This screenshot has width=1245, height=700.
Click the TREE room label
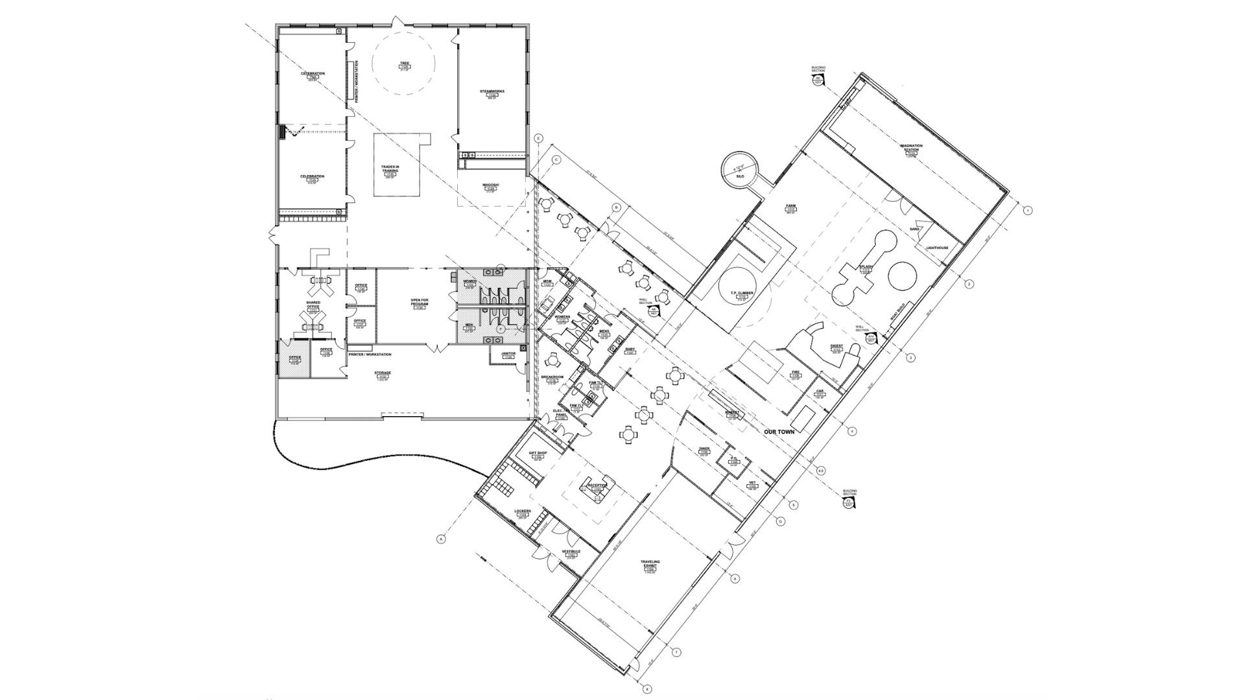click(x=405, y=64)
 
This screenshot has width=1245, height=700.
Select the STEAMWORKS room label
click(x=492, y=91)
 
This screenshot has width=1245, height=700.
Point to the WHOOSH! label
click(x=490, y=185)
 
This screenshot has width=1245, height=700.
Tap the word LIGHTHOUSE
click(x=938, y=248)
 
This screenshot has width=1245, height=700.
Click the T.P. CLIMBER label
click(x=742, y=293)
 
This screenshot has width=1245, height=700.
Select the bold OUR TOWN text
click(x=779, y=432)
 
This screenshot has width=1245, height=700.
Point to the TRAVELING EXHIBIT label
click(x=650, y=564)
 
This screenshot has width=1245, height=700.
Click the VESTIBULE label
click(x=571, y=552)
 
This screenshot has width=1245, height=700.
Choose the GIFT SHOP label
click(x=538, y=452)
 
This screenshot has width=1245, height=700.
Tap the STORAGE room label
click(x=383, y=373)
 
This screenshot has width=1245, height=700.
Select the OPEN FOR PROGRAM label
click(x=420, y=302)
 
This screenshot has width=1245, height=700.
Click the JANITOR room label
click(x=508, y=354)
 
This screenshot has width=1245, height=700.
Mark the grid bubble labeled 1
click(x=1027, y=211)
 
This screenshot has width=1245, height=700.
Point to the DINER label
click(x=704, y=449)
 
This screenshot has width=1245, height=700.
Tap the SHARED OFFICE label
click(x=313, y=305)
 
